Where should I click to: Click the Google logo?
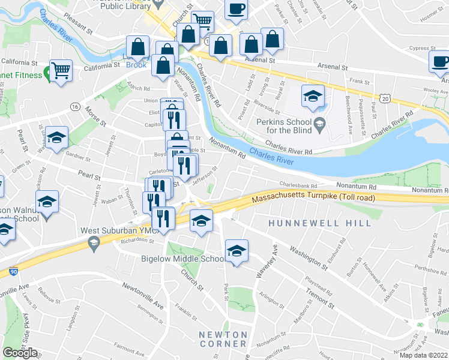coord(20,352)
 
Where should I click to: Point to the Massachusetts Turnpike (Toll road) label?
coord(313,198)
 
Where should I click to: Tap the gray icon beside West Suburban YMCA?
coord(93,242)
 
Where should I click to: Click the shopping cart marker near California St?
coord(61,71)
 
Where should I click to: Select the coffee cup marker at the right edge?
coord(439,62)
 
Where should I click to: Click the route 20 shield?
coord(385,97)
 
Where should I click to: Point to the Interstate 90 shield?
coord(13,272)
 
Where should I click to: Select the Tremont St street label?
coord(318,297)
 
